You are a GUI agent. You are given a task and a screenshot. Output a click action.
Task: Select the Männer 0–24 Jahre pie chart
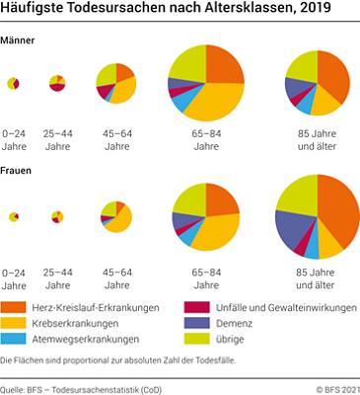click(x=14, y=84)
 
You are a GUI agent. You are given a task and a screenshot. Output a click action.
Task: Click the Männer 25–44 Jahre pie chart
click(x=57, y=83)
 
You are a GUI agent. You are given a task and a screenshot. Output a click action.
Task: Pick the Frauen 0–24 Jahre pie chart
click(x=14, y=216)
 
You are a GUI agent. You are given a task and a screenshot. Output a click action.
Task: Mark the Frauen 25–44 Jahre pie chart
click(x=57, y=215)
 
